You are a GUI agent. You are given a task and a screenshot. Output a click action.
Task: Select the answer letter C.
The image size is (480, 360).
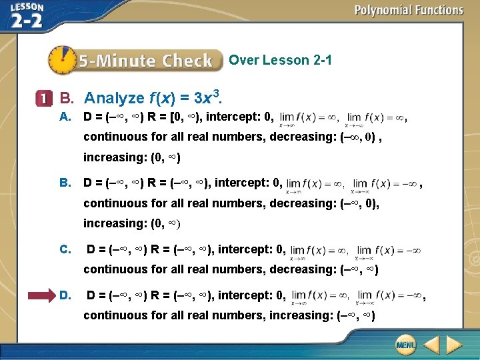pos(65,250)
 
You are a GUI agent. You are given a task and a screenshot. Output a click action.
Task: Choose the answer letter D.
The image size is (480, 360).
pos(65,295)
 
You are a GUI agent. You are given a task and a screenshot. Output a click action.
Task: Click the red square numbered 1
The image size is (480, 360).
pos(43,99)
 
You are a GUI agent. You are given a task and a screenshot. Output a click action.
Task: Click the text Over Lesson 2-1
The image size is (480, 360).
pos(280,61)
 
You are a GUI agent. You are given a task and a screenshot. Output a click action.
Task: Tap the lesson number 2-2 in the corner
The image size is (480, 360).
pos(27,20)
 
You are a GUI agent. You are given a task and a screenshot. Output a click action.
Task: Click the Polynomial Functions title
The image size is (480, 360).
pos(408,10)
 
